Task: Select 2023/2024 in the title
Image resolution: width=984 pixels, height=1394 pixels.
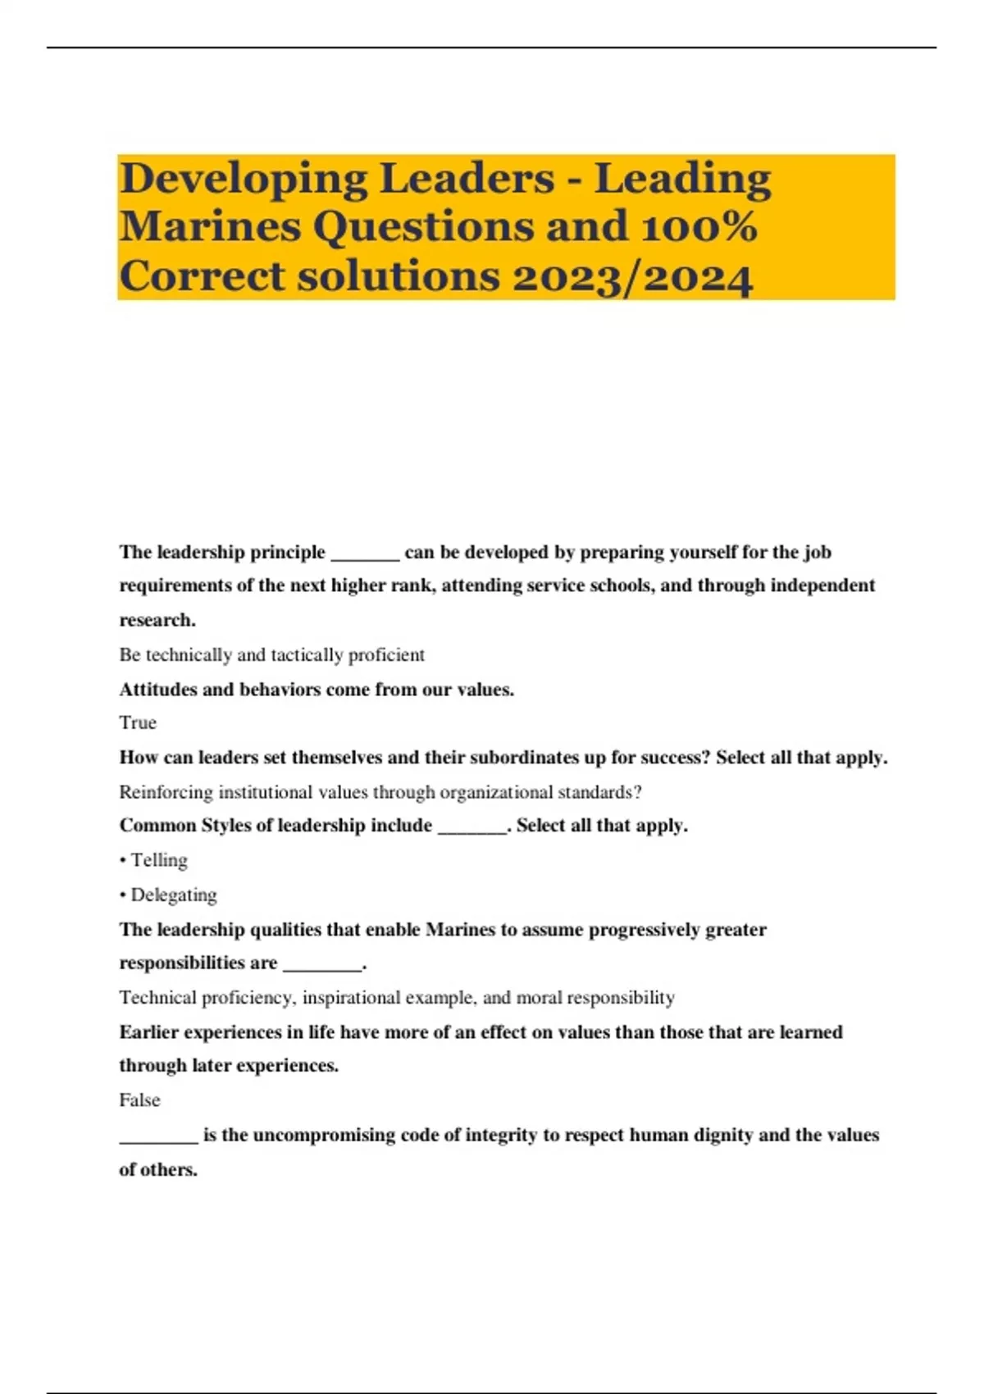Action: click(x=632, y=276)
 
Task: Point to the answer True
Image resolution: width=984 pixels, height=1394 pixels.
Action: click(x=138, y=722)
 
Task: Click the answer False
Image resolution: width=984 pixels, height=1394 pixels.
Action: click(x=139, y=1100)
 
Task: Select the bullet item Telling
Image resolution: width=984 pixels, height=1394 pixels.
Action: click(x=159, y=860)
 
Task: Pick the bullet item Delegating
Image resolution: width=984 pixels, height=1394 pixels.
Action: click(x=174, y=895)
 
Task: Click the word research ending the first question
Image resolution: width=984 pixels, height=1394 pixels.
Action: click(x=156, y=620)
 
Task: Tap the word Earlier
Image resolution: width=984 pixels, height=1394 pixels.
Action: click(x=148, y=1032)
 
